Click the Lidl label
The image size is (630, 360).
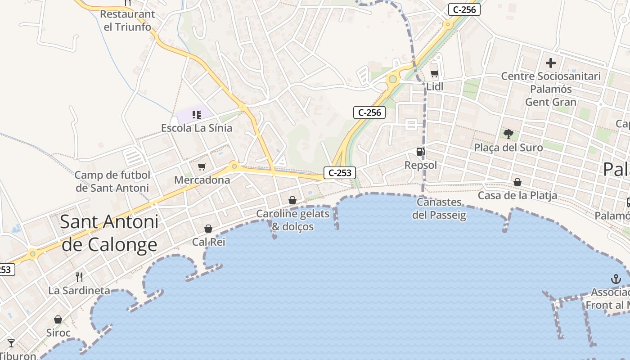click(x=435, y=86)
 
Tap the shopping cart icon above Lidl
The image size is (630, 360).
click(x=434, y=73)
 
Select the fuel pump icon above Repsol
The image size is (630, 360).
click(x=420, y=152)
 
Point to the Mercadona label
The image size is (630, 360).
click(x=202, y=180)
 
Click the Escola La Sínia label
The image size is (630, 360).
click(x=197, y=128)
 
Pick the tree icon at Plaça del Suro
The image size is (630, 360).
click(x=508, y=134)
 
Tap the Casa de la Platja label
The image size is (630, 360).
click(x=517, y=195)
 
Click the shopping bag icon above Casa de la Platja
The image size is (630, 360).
click(x=517, y=182)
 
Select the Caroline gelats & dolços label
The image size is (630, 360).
click(x=293, y=220)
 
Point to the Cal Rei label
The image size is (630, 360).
click(x=208, y=242)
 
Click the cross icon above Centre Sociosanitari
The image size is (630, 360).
click(x=550, y=63)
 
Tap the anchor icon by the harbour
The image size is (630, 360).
click(x=616, y=279)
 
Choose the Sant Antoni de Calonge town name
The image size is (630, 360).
click(x=109, y=233)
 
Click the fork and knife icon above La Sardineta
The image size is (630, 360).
click(x=79, y=277)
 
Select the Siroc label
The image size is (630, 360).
click(x=58, y=333)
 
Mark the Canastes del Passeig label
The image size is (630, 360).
click(x=439, y=208)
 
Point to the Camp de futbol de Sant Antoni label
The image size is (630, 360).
click(x=112, y=181)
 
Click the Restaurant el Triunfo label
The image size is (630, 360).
click(x=127, y=20)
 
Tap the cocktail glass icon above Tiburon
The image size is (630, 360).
click(x=11, y=343)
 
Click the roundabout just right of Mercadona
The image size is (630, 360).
click(x=234, y=166)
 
